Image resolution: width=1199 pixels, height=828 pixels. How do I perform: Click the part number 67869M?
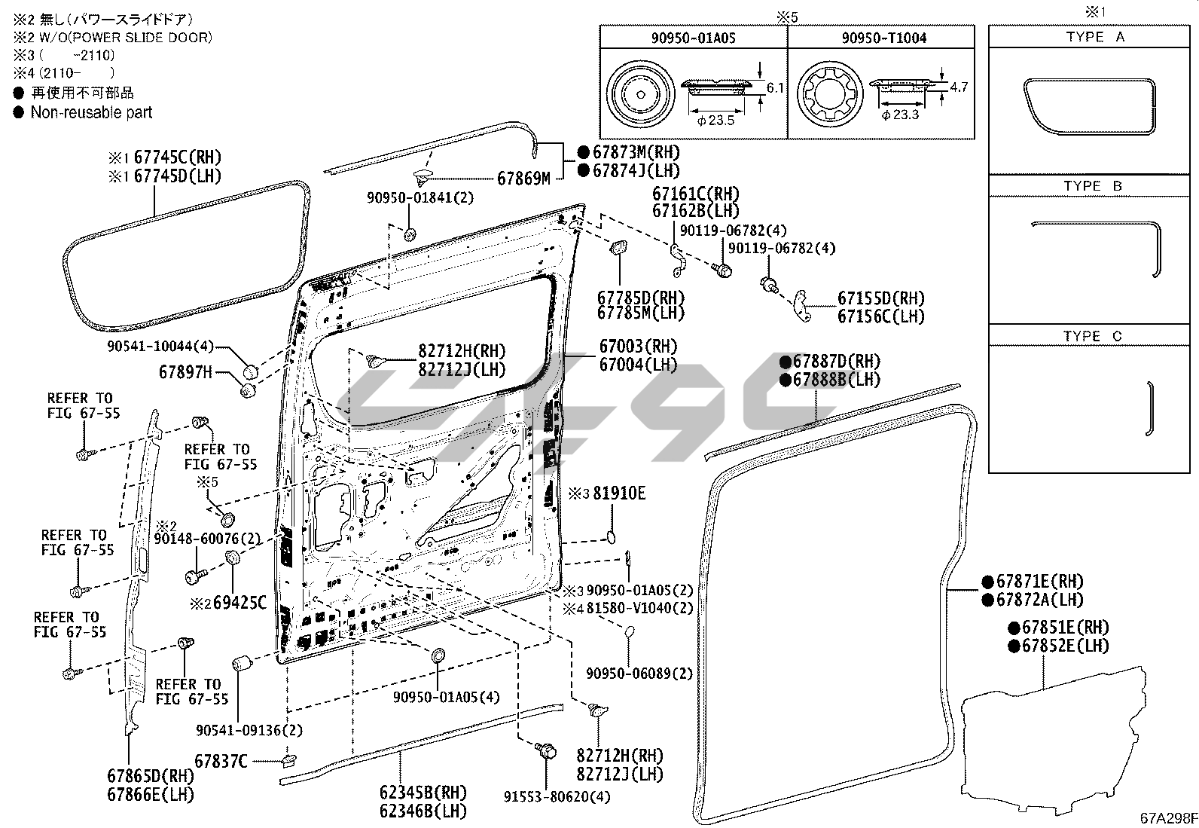click(523, 179)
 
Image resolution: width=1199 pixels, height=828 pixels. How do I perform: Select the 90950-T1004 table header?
click(883, 38)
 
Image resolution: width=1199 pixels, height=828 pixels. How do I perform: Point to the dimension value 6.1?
click(775, 87)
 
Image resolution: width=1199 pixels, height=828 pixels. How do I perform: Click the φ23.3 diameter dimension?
click(900, 115)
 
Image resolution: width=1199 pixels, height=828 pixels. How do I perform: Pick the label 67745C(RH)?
click(177, 157)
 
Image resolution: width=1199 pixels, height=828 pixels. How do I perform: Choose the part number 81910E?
click(619, 493)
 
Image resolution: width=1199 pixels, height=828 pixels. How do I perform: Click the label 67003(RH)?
click(638, 346)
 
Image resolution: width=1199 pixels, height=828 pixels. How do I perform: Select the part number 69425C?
click(239, 603)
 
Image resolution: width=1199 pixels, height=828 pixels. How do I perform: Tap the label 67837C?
click(221, 761)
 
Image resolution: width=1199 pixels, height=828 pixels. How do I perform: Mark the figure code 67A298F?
click(1168, 817)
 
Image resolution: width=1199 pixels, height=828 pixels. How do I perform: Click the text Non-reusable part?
click(92, 112)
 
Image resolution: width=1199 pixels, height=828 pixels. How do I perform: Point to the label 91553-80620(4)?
click(557, 796)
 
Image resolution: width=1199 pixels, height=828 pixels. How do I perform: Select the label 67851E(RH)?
click(1066, 627)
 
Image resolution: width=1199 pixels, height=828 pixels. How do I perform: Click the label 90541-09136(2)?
click(249, 730)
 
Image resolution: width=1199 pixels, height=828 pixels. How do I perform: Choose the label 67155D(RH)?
click(881, 298)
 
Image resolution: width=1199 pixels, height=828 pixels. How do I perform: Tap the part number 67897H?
click(185, 371)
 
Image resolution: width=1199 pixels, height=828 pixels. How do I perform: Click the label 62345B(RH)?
click(423, 793)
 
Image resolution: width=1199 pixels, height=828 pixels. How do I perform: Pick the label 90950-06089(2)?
click(639, 674)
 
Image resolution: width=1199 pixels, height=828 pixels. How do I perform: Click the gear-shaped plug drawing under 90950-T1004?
click(830, 93)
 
